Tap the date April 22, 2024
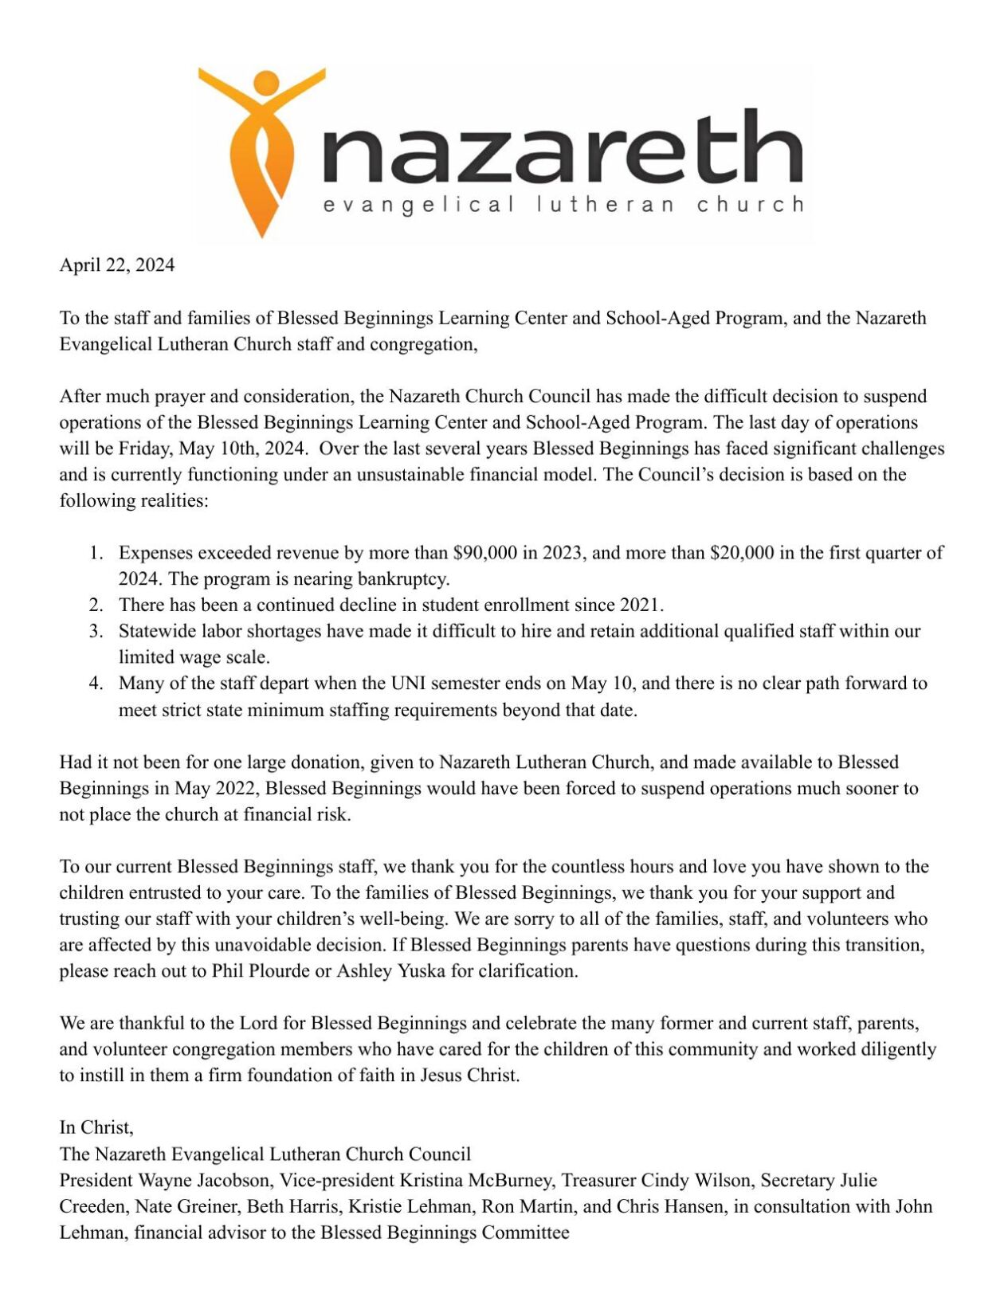pyautogui.click(x=116, y=265)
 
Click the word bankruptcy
pyautogui.click(x=403, y=579)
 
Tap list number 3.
pyautogui.click(x=96, y=631)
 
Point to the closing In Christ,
pyautogui.click(x=96, y=1127)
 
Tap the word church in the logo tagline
pyautogui.click(x=750, y=205)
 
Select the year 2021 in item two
pyautogui.click(x=641, y=605)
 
